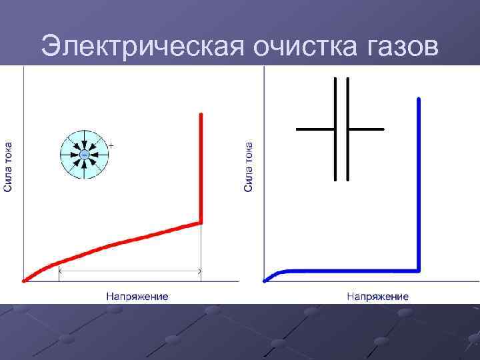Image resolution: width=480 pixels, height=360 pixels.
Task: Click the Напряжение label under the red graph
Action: coord(137,295)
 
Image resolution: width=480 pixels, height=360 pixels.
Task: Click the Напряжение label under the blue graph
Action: coord(377,295)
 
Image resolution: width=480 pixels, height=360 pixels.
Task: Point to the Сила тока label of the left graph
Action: coord(8,167)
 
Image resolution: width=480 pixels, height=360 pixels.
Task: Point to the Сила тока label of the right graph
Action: coord(248,167)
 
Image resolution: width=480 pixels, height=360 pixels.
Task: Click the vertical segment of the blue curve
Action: coord(419,187)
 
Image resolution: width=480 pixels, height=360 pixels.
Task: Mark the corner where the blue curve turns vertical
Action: coord(419,270)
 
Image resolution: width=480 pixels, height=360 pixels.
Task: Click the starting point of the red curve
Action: coord(25,281)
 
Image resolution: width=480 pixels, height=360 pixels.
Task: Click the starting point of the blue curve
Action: coord(265,280)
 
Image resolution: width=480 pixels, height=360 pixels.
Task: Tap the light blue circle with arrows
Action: coord(84,155)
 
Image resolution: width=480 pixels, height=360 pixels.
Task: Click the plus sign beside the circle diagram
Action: coord(111,144)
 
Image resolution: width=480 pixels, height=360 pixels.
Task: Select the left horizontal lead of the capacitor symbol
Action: coord(315,128)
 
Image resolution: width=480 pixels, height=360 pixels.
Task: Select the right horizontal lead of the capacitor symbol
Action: coord(367,128)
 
